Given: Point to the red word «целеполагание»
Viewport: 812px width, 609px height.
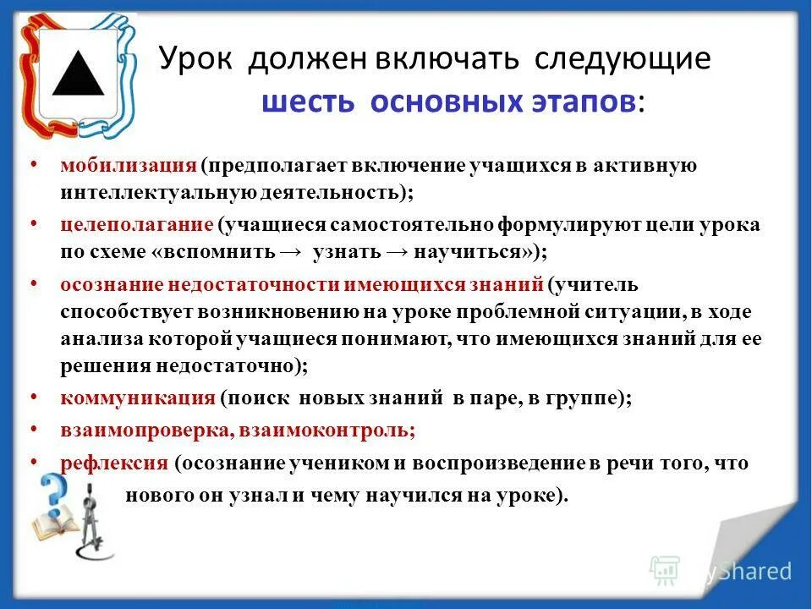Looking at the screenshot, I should [x=136, y=226].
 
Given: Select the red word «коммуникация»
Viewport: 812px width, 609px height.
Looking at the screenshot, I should [x=138, y=397].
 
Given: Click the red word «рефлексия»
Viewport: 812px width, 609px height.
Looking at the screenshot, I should [x=114, y=464].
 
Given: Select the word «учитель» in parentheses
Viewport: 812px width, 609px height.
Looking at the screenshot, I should [x=602, y=285].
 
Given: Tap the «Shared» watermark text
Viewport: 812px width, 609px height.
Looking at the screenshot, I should [x=755, y=572].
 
